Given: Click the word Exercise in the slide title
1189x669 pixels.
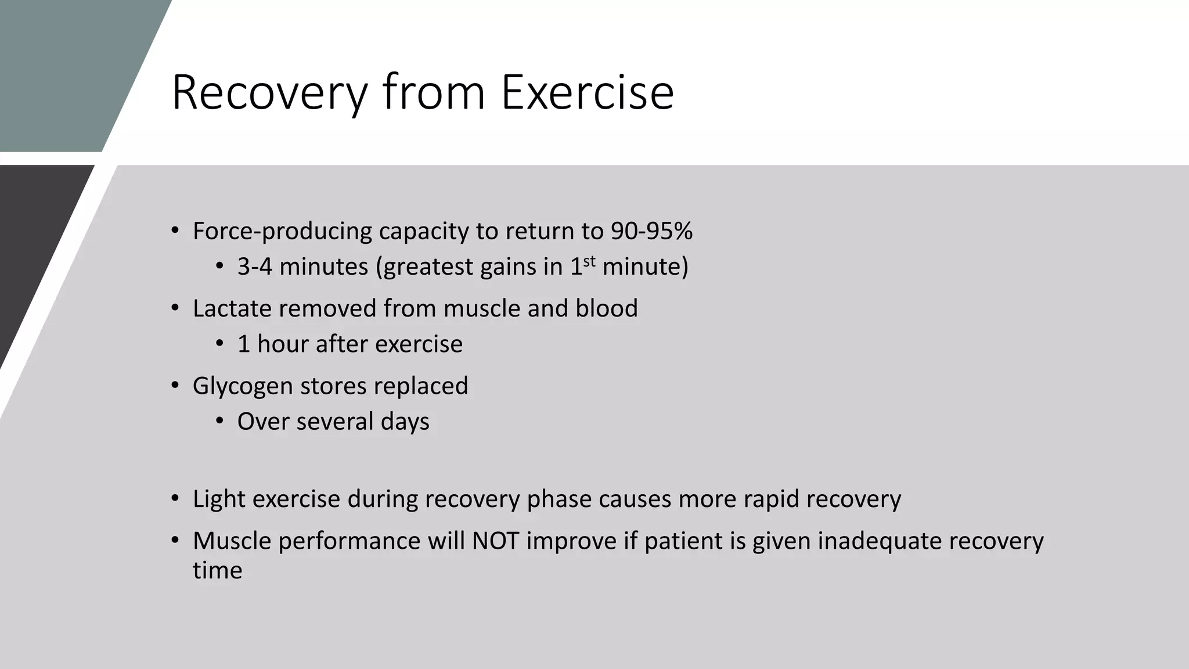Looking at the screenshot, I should [587, 92].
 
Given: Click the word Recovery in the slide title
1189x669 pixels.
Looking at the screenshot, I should [270, 92].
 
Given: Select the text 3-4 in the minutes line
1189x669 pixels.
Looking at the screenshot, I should [254, 267].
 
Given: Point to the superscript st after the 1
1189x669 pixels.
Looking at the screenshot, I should [589, 261].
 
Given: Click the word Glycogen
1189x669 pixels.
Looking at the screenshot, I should [243, 386].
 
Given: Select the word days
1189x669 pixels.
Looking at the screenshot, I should [405, 422].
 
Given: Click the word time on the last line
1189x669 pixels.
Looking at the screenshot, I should [217, 570].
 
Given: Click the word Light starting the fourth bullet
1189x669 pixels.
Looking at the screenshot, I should [219, 499].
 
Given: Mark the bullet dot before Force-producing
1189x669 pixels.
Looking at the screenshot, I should [175, 231].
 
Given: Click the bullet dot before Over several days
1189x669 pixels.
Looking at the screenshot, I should [219, 422].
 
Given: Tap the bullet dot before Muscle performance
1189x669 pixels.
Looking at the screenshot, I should [175, 541].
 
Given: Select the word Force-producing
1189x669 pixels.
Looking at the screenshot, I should [282, 231].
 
